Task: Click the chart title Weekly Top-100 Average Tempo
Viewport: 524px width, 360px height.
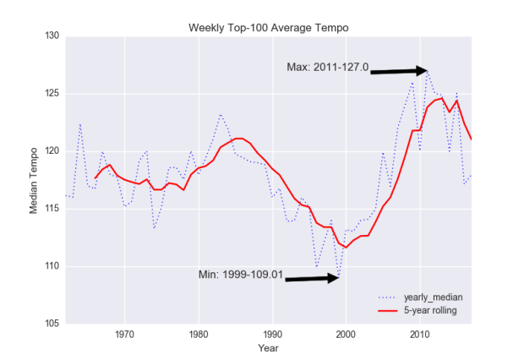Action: [x=268, y=29]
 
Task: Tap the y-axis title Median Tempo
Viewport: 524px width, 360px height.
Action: [x=35, y=179]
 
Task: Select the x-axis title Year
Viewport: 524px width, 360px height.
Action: [x=268, y=347]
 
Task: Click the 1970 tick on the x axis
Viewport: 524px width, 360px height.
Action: [x=125, y=334]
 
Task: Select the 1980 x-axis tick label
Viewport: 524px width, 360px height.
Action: [x=199, y=334]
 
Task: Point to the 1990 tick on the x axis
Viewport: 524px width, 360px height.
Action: [x=272, y=334]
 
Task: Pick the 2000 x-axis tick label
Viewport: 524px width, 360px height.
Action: [x=346, y=334]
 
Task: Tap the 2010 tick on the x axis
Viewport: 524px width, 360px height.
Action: [x=419, y=334]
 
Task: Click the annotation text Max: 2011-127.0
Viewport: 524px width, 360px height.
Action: [x=328, y=68]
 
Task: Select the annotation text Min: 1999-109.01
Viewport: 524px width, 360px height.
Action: [x=240, y=274]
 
